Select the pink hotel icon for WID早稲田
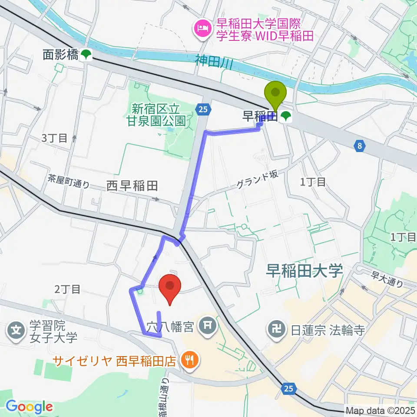202,29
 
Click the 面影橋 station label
60,55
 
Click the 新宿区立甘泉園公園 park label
159,114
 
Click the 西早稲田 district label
132,186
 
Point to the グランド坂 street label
256,180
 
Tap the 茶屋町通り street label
69,181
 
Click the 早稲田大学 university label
305,271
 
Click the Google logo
29,407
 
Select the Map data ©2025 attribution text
381,410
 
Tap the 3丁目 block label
54,139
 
